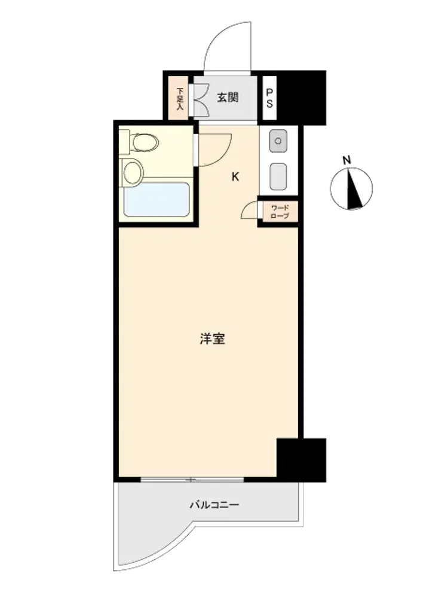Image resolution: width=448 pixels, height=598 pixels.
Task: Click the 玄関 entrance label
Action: [x=228, y=97]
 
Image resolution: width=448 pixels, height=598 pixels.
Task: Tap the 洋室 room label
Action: [x=212, y=338]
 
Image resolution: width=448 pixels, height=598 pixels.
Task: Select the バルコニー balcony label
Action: [x=214, y=505]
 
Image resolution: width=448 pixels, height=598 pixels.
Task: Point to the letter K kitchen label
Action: [x=235, y=176]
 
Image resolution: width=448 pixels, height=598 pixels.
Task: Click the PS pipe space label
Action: [x=269, y=98]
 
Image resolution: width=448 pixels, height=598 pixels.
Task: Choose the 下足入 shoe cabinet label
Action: [x=180, y=99]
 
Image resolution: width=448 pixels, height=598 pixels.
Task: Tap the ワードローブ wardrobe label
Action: [x=280, y=212]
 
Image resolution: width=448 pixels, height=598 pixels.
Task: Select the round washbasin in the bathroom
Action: [x=133, y=172]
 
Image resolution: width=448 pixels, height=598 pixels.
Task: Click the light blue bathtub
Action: [x=157, y=200]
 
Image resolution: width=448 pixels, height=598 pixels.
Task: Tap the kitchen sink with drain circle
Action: [x=278, y=141]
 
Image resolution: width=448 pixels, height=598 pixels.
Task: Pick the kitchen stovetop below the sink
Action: [x=278, y=176]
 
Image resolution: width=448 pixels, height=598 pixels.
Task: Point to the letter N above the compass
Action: [x=346, y=160]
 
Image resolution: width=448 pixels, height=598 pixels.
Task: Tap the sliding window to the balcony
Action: [x=192, y=480]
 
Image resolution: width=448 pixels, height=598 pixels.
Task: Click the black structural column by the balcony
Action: [x=301, y=460]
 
